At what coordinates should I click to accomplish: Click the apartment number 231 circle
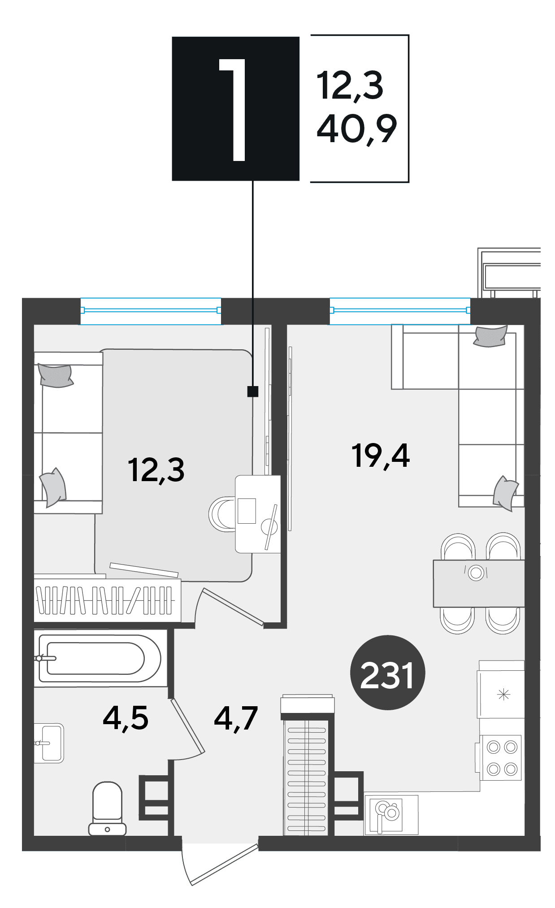(x=387, y=673)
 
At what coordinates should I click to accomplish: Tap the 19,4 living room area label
(x=381, y=456)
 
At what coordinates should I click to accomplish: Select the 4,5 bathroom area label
(x=126, y=717)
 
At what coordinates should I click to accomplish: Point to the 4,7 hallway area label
(x=236, y=718)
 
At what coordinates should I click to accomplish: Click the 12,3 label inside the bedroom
(x=156, y=470)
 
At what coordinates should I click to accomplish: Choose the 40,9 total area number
(x=357, y=129)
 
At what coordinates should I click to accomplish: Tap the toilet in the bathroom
(x=107, y=808)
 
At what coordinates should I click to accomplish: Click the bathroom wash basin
(x=49, y=743)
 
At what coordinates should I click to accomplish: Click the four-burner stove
(x=501, y=758)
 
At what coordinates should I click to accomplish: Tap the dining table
(x=479, y=583)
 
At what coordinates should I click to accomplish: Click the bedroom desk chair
(x=222, y=514)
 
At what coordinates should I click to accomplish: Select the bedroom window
(x=151, y=310)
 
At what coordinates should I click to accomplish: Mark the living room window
(x=400, y=310)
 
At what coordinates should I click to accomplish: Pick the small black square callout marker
(x=253, y=392)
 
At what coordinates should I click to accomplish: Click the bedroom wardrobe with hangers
(x=108, y=600)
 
